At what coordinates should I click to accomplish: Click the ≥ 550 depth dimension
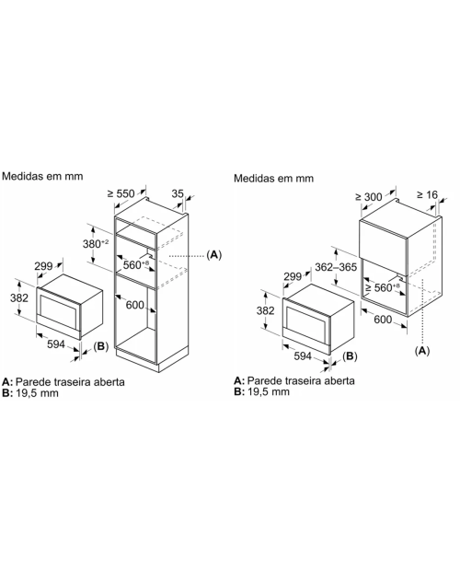point(121,193)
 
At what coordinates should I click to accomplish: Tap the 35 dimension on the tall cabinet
point(178,193)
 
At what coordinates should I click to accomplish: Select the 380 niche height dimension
point(96,243)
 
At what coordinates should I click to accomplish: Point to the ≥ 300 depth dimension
point(369,197)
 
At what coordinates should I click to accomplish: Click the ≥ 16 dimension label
point(428,195)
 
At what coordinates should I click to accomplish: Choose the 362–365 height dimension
point(336,267)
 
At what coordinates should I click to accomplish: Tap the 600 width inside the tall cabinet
point(135,305)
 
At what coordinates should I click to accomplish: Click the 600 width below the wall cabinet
point(383,320)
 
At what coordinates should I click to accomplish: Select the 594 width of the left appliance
point(56,344)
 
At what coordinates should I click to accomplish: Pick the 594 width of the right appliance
point(303,355)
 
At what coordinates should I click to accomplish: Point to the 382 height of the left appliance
point(19,297)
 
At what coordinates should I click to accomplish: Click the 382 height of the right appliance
point(266,310)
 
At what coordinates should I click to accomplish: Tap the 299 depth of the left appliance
point(43,266)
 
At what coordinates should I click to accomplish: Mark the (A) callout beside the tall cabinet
point(213,254)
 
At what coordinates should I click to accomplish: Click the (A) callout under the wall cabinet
point(422,350)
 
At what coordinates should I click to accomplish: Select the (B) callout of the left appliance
point(100,346)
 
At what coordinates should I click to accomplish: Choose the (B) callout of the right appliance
point(350,355)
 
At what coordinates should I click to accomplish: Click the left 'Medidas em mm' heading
point(42,176)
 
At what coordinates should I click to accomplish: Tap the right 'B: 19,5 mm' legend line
point(262,391)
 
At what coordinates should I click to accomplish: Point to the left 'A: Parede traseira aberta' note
point(63,381)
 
